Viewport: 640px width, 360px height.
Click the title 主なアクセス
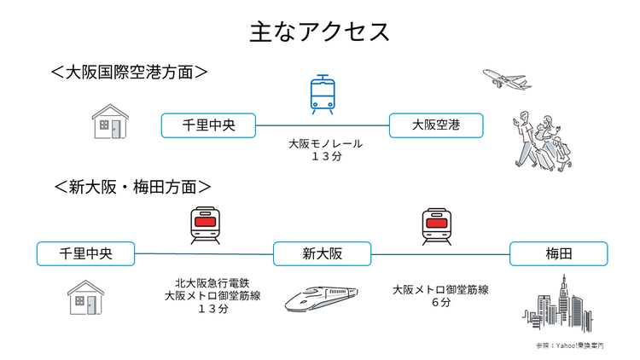pyautogui.click(x=320, y=32)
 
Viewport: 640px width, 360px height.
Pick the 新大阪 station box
pyautogui.click(x=322, y=254)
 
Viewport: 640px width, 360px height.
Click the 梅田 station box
pyautogui.click(x=558, y=254)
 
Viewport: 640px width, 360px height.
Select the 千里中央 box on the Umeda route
pyautogui.click(x=86, y=254)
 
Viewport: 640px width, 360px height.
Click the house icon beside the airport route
pyautogui.click(x=111, y=122)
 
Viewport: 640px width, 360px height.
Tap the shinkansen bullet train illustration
pyautogui.click(x=321, y=297)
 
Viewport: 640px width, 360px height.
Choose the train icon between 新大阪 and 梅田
pyautogui.click(x=435, y=226)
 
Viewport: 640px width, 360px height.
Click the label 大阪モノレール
pyautogui.click(x=325, y=144)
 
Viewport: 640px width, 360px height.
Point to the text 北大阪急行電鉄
pyautogui.click(x=211, y=282)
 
